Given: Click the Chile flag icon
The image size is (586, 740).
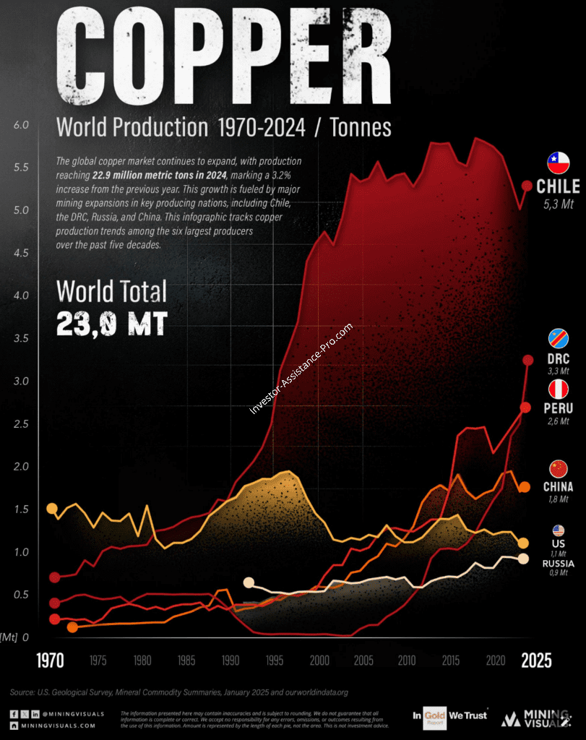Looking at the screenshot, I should tap(558, 163).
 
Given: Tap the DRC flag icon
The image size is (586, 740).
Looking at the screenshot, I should tap(558, 338).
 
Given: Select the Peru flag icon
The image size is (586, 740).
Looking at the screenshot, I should tap(558, 390).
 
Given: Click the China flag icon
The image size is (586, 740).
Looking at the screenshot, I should tap(559, 468).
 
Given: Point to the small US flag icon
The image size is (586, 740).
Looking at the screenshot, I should tap(559, 530).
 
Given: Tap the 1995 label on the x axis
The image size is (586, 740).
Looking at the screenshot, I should tap(275, 660).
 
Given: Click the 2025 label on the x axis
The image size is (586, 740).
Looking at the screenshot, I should tap(537, 661).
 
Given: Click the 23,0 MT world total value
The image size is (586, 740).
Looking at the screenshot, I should tap(112, 323).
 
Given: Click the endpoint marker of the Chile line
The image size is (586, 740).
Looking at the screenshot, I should tap(527, 186).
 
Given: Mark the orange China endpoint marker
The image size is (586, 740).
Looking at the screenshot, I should tap(525, 488).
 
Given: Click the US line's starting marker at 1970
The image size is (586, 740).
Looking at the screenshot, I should tap(51, 509).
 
